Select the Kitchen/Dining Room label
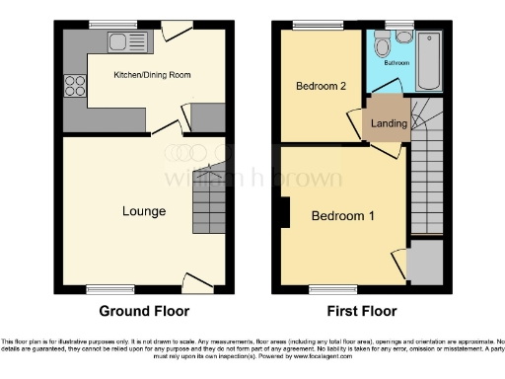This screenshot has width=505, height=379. point(152,75)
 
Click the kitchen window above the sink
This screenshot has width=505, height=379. point(106,25)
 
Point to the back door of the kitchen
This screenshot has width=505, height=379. point(177,31)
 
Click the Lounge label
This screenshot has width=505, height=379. point(144,211)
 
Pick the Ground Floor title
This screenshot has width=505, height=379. point(144,311)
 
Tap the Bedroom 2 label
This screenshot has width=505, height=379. point(321,86)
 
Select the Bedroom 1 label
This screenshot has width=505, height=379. point(342,215)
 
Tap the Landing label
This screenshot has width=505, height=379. point(387,123)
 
